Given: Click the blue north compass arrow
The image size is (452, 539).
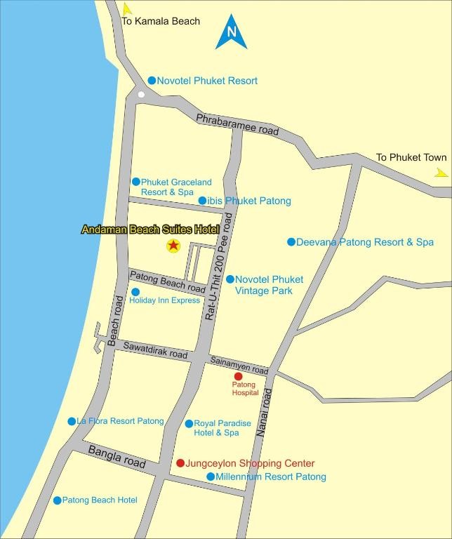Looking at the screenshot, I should coord(232,32).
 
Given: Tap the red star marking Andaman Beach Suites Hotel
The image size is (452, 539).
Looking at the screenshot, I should coord(173,246).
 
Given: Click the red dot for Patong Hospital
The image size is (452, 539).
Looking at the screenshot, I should coord(238,376).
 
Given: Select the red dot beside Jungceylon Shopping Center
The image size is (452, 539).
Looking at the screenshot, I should coord(180,463).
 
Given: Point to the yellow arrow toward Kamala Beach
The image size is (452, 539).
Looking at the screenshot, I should coord(127,9).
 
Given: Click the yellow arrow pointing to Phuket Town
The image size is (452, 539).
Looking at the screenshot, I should coord(441,172).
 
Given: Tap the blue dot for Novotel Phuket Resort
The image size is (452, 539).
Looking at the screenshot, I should coord(152,81).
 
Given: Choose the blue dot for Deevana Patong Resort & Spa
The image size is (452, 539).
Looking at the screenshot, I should coord(291,242).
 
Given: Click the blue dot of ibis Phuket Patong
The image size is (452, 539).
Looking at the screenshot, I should coord(202,201).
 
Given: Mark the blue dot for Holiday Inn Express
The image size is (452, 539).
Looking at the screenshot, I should coord(135,292).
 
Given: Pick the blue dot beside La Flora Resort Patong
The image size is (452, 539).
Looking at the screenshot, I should coord(72,422).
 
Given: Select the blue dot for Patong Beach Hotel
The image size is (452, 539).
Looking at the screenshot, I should coord(58,500).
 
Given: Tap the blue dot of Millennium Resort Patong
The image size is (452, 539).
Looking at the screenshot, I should coord(211,477).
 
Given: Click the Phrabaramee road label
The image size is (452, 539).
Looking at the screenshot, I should coord(237,124).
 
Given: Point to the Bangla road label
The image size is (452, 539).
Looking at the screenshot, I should coord(117,456).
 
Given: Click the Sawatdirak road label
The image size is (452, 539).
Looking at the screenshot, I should coord(155,350).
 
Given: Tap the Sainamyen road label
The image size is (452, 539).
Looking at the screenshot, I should coord(239,365).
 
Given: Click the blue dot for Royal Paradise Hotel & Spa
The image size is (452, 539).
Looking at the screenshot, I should coord(189,424).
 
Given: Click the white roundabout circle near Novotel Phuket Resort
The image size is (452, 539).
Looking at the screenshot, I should coord(141,94).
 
